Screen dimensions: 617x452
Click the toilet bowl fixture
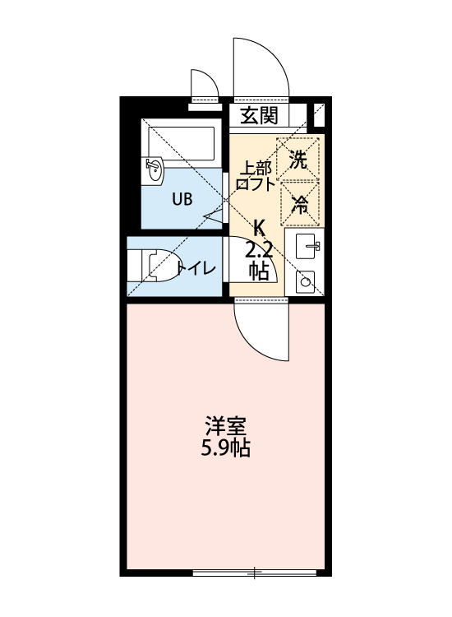coord(159,267)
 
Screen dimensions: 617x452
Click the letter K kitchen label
coord(260,225)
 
